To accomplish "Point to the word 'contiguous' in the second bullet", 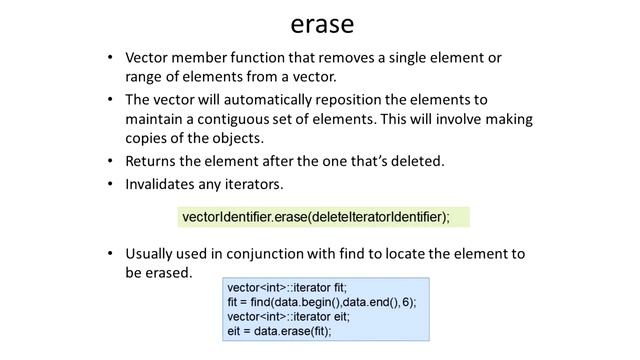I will [x=221, y=119].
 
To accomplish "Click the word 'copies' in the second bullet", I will [x=150, y=138].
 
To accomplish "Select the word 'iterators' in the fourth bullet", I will [x=251, y=184].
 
